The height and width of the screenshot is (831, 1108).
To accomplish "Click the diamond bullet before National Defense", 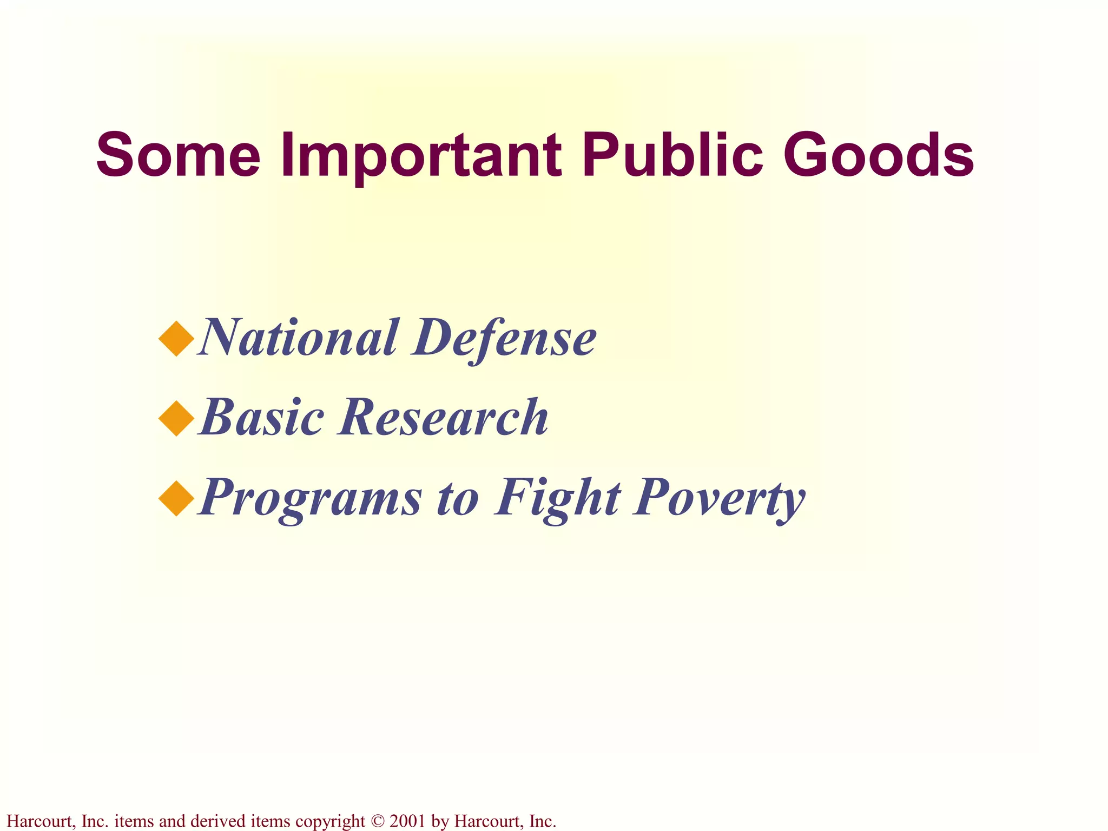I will (176, 339).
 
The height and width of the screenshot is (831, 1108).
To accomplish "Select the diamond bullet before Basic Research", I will (176, 419).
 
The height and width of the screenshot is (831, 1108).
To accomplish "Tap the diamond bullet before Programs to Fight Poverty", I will (176, 498).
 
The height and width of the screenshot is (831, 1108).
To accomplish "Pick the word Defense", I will (504, 338).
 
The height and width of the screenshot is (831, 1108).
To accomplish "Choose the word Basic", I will (262, 417).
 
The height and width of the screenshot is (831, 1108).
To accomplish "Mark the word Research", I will (443, 417).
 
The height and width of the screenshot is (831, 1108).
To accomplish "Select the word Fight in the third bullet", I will (557, 498).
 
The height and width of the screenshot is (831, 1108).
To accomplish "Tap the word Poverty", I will (720, 498).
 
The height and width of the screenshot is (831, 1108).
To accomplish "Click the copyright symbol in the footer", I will (378, 821).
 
